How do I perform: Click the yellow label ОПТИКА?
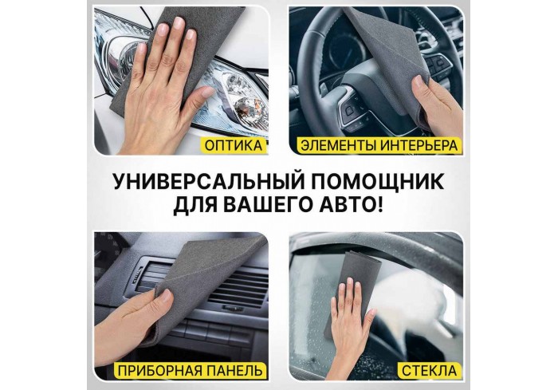click(x=234, y=146)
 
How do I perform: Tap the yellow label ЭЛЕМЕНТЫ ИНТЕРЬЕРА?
click(x=378, y=146)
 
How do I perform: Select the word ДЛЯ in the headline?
click(x=195, y=206)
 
